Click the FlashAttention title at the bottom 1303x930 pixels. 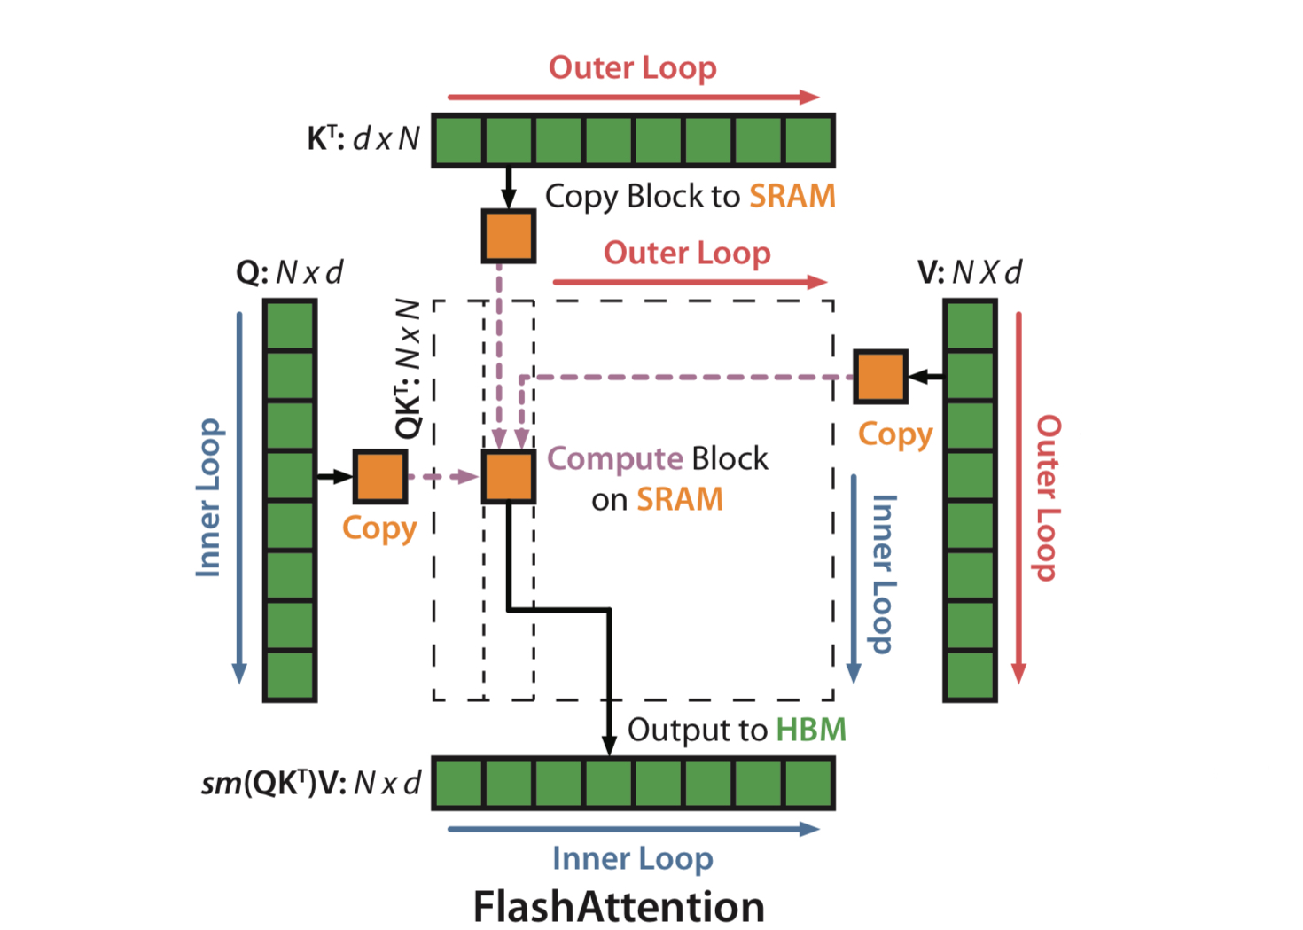(619, 906)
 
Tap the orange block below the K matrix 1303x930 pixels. (508, 236)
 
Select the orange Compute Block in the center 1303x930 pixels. (508, 476)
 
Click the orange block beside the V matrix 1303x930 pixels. (880, 377)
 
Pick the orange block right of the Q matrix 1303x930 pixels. (380, 476)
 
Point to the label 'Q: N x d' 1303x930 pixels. (289, 271)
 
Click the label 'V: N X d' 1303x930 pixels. (970, 271)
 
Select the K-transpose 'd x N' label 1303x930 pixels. (363, 138)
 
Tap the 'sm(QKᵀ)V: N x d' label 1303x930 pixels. (310, 783)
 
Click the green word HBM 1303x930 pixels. (811, 730)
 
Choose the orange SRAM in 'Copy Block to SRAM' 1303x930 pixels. (792, 196)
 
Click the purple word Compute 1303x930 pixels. (615, 458)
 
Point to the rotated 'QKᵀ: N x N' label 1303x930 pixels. (408, 369)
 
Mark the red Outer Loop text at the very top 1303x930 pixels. (632, 67)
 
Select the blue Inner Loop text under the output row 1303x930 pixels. (632, 858)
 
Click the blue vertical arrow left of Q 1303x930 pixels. (239, 496)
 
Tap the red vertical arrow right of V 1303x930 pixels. (1018, 496)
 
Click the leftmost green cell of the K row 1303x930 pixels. (459, 140)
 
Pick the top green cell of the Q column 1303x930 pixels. (290, 325)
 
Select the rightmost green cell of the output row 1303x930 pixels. (808, 783)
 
